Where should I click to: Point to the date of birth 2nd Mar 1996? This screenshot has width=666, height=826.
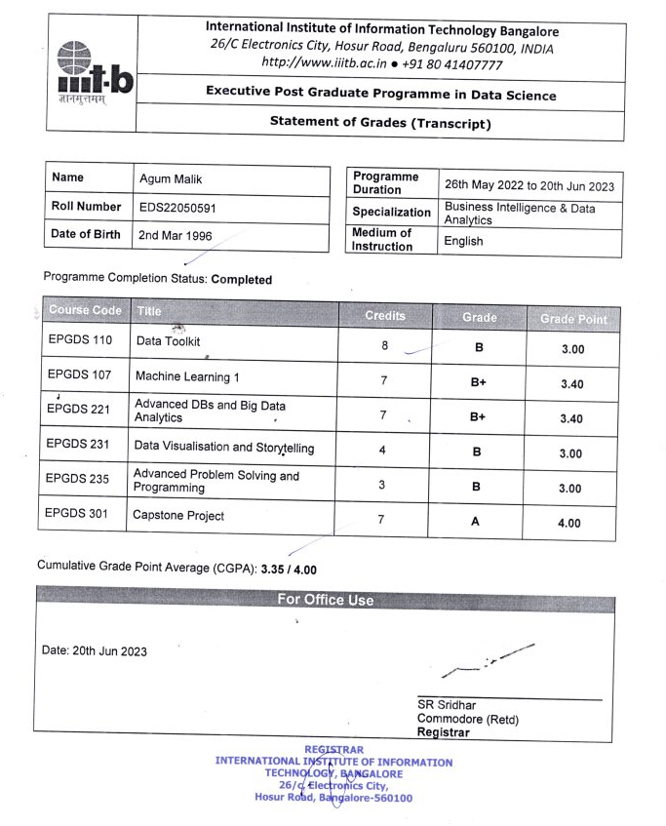[176, 235]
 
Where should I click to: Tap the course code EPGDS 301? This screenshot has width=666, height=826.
[80, 515]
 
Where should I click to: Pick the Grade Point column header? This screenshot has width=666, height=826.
[572, 319]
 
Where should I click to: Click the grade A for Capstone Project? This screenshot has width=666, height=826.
[475, 522]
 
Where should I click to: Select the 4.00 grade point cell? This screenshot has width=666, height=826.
[570, 523]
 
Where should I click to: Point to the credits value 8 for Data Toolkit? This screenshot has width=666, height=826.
[384, 344]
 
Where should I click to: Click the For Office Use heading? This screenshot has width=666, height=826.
[325, 600]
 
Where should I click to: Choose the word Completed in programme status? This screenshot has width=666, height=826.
[242, 279]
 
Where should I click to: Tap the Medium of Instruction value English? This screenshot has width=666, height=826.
[463, 241]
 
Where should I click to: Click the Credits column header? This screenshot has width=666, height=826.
[384, 316]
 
